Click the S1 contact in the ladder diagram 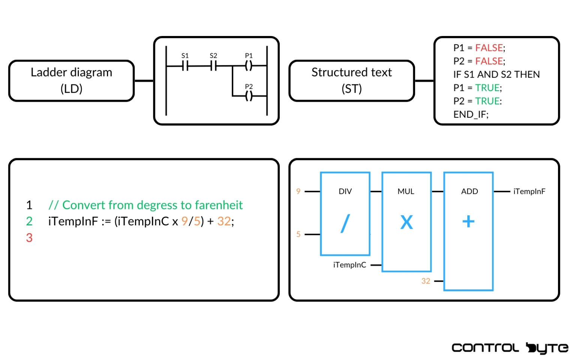point(185,66)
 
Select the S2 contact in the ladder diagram point(213,66)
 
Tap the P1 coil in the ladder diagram point(249,66)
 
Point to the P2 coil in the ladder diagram point(249,96)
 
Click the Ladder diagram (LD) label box point(71,80)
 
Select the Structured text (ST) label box point(351,80)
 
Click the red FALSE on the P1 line point(489,48)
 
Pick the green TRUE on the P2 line point(487,101)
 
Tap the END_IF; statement point(471,114)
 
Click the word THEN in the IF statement point(527,75)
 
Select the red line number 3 point(29,238)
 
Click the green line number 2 point(29,221)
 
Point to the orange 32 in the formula point(224,221)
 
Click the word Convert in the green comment point(84,205)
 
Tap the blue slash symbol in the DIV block point(345,223)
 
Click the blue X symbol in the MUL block point(406,222)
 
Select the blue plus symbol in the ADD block point(468,222)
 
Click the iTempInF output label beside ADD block point(529,192)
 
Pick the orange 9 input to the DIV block point(298,192)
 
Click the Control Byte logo point(510,348)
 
